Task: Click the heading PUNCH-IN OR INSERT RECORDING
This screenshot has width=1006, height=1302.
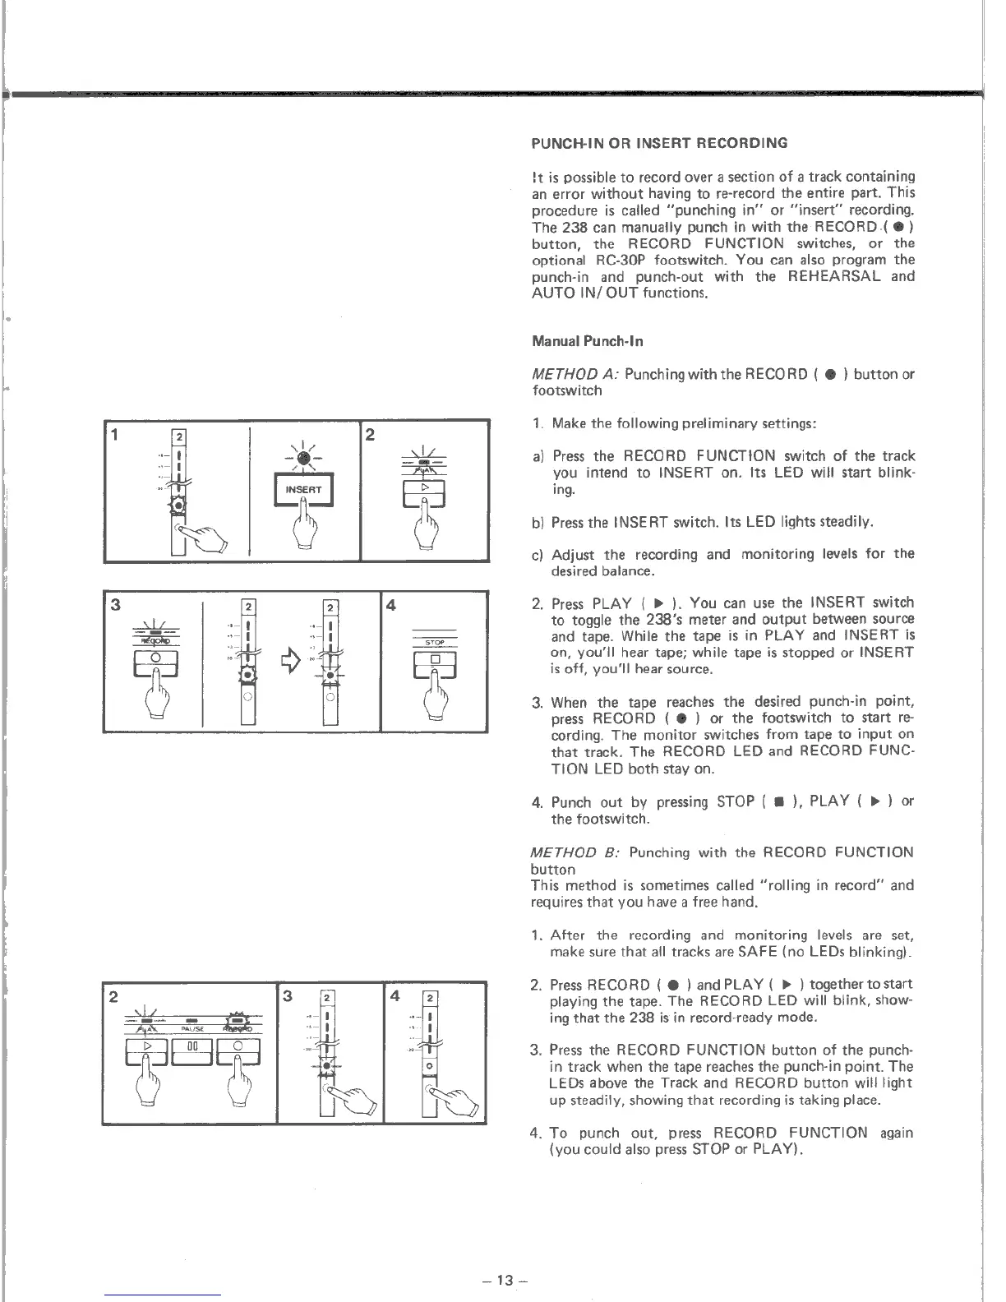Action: pyautogui.click(x=659, y=143)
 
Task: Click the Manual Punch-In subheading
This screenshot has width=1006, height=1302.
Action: pyautogui.click(x=588, y=341)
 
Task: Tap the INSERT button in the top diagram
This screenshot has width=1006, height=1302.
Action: pyautogui.click(x=303, y=490)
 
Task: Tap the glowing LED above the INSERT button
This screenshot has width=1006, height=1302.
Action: pyautogui.click(x=303, y=459)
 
